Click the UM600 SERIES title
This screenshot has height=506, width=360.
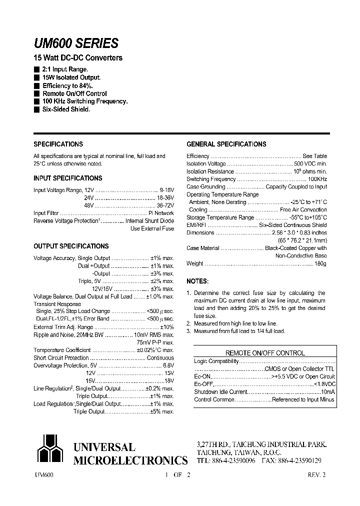coord(76,43)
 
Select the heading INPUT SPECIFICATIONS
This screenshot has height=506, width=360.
coord(67,178)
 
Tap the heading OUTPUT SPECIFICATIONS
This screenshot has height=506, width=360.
coord(71,246)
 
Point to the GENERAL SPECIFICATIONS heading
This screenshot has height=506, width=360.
coord(226,144)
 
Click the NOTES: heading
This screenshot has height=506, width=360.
coord(197,281)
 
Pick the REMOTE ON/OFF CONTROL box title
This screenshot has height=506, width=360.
coord(265,353)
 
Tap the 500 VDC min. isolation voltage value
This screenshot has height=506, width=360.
coord(310,164)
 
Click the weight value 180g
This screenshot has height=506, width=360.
coord(320,264)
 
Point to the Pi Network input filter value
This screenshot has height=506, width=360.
coord(161,213)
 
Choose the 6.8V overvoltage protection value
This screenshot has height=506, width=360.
coord(167,365)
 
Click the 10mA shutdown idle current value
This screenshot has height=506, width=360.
coord(328,392)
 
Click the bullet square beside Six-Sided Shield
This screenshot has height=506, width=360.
coord(36,109)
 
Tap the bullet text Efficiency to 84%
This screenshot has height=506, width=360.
coord(67,86)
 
